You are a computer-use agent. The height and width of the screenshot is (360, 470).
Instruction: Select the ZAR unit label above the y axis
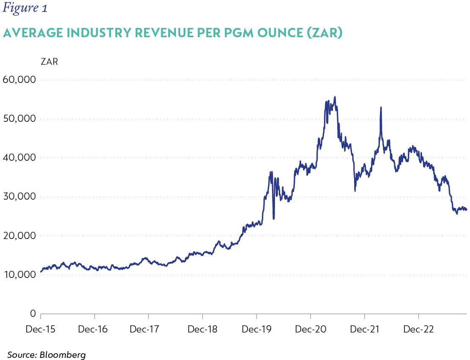point(49,62)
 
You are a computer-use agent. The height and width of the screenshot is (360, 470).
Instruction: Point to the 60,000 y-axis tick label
point(19,80)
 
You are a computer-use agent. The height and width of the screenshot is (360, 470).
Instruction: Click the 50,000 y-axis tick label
point(19,118)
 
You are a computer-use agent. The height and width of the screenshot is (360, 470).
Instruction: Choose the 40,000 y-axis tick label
point(19,157)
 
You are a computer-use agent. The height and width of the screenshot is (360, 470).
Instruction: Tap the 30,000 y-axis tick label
point(19,197)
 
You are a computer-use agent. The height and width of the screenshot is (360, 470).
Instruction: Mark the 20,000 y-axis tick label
point(19,236)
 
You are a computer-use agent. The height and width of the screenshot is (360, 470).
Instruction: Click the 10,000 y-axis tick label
point(19,275)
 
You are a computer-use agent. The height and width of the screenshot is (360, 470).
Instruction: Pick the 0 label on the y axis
point(32,313)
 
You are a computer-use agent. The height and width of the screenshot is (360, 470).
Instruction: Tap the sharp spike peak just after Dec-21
point(381,107)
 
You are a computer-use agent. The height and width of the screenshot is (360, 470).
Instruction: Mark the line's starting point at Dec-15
point(41,272)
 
